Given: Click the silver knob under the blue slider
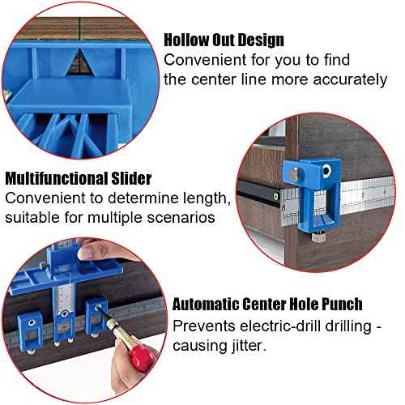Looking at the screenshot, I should coord(318,238).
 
